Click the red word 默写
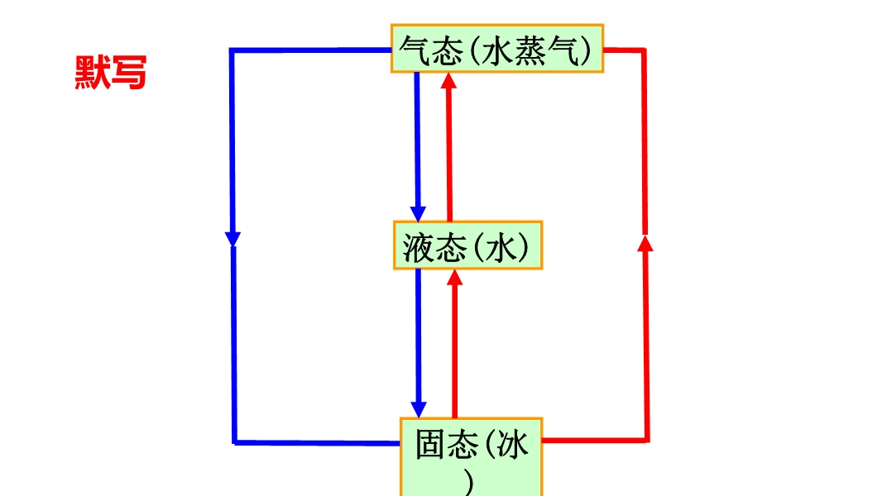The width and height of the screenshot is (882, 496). pyautogui.click(x=110, y=73)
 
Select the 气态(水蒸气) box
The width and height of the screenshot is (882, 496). pyautogui.click(x=496, y=49)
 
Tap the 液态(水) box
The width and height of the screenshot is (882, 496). pyautogui.click(x=467, y=246)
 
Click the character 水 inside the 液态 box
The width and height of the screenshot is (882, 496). pyautogui.click(x=506, y=246)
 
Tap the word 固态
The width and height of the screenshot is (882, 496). pyautogui.click(x=447, y=446)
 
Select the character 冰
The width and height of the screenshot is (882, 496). pyautogui.click(x=513, y=446)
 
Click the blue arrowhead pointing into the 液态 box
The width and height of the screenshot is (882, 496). pyautogui.click(x=418, y=212)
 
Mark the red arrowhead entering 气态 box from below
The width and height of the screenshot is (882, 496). pyautogui.click(x=449, y=81)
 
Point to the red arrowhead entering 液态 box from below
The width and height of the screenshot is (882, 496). pyautogui.click(x=454, y=277)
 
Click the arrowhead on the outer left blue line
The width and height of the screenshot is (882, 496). pyautogui.click(x=232, y=238)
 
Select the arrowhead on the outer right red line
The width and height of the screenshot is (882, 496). pyautogui.click(x=645, y=241)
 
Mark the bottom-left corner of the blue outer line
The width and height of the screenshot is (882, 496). pyautogui.click(x=235, y=441)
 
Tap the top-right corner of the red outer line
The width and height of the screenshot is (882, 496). pyautogui.click(x=644, y=50)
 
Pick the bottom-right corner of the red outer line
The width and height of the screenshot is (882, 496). pyautogui.click(x=647, y=440)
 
